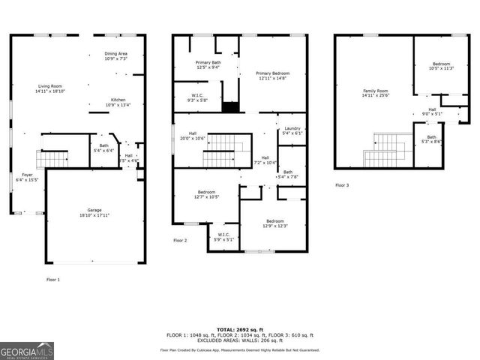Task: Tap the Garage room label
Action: pyautogui.click(x=94, y=212)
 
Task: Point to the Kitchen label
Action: pyautogui.click(x=118, y=102)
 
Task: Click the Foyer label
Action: pyautogui.click(x=27, y=177)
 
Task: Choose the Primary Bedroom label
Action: pyautogui.click(x=273, y=75)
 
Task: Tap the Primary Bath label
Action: pyautogui.click(x=208, y=64)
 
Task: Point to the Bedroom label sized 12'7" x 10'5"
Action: pyautogui.click(x=206, y=194)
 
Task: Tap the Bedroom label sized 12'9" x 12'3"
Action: pyautogui.click(x=274, y=223)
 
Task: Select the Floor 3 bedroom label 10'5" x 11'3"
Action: pyautogui.click(x=441, y=66)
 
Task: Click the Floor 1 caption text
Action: pyautogui.click(x=53, y=279)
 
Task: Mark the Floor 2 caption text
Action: pyautogui.click(x=180, y=240)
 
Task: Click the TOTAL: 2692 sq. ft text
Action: pyautogui.click(x=239, y=329)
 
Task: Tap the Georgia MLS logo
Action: pyautogui.click(x=27, y=350)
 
